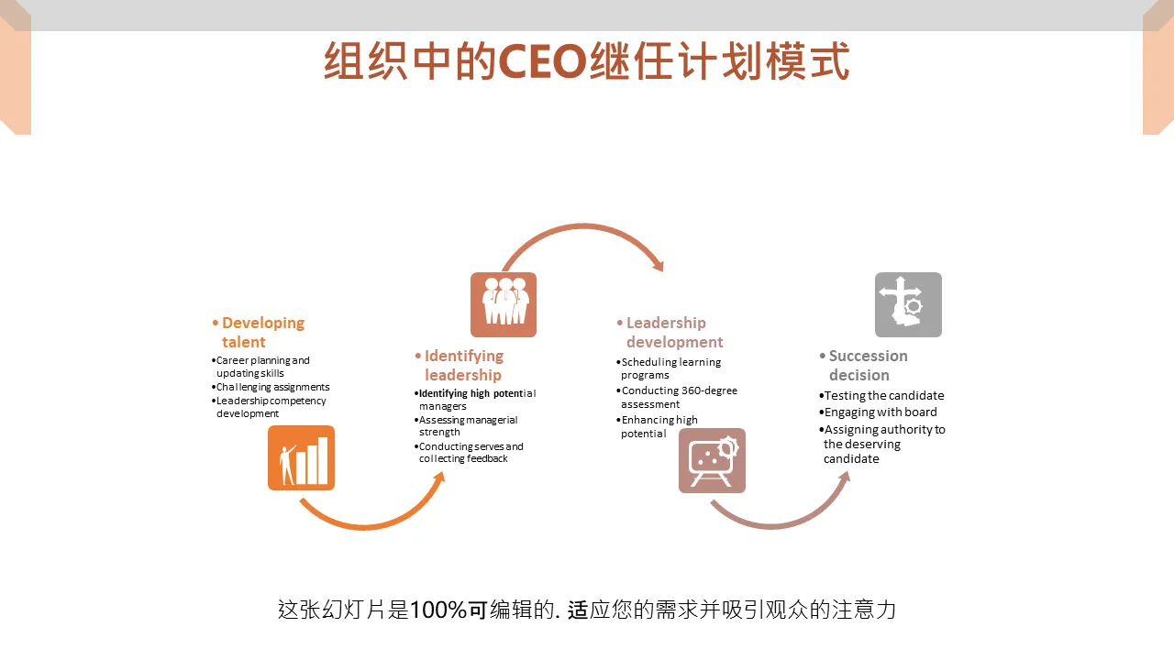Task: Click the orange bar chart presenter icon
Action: coord(302,457)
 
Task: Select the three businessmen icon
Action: coord(504,304)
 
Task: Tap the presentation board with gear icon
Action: coord(712,460)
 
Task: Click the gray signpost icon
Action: coord(908,304)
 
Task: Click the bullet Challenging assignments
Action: coord(271,387)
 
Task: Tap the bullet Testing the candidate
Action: coord(881,395)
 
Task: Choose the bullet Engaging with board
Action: coord(878,412)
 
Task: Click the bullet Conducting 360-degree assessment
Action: coord(677,397)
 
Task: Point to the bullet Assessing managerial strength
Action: coord(466,426)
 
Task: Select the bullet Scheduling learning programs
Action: coord(669,368)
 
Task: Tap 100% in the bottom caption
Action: coord(438,610)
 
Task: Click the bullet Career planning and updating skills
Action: coord(260,367)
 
